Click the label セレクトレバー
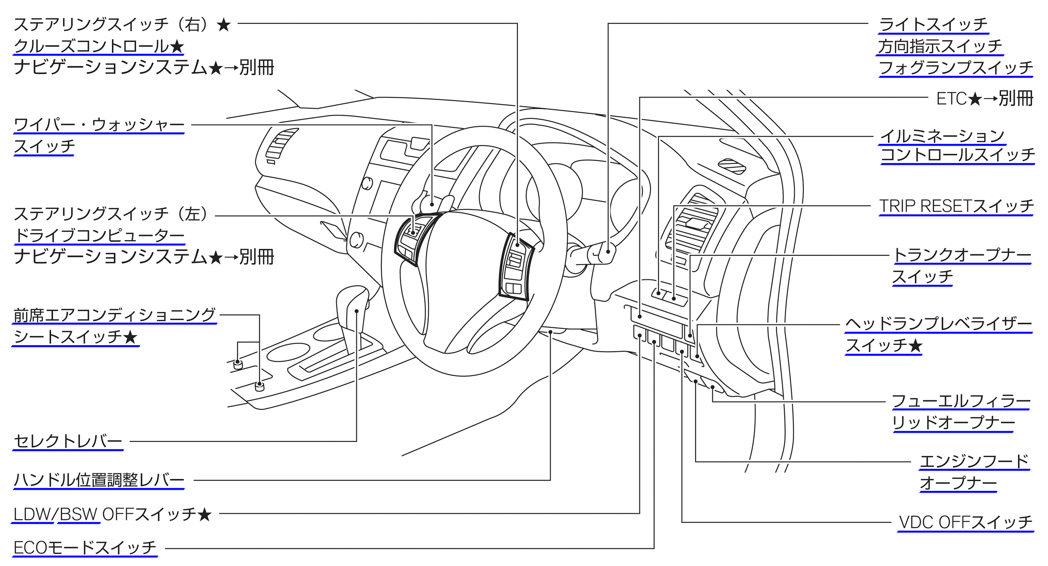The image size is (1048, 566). pos(68,441)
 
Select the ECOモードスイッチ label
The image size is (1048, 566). pos(84,547)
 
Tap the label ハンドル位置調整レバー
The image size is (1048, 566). pos(99,480)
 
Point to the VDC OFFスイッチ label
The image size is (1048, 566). pos(966,522)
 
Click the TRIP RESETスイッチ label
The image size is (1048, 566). pos(956,206)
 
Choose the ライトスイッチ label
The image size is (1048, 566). pos(933,24)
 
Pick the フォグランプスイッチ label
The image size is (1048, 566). pos(955,68)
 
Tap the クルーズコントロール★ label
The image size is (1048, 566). pos(99,46)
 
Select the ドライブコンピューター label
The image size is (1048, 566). pos(99,235)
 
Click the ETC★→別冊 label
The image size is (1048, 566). pos(984,99)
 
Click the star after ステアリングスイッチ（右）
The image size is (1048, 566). pos(224,24)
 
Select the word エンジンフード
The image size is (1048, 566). pos(974,461)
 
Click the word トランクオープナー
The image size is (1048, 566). pos(962,255)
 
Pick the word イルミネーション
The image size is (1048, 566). pos(942,136)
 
